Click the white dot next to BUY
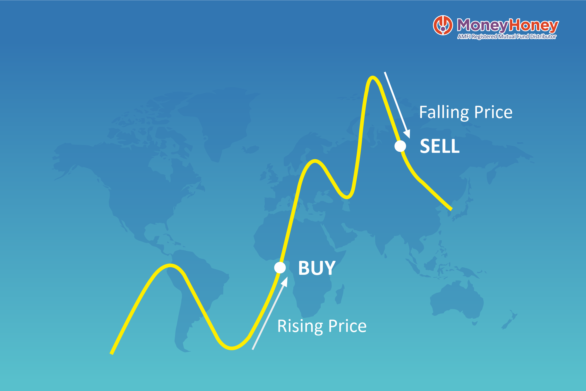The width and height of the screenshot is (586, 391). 280,268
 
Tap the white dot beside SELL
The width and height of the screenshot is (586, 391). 400,146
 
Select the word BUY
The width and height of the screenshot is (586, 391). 317,268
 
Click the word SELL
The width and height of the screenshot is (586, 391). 439,146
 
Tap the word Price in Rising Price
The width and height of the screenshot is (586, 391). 347,326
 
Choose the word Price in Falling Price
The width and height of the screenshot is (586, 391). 493,112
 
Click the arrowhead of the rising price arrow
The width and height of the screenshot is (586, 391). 285,281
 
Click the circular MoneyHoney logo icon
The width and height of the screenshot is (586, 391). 443,25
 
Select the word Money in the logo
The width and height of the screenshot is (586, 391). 482,25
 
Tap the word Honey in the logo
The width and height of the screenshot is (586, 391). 534,25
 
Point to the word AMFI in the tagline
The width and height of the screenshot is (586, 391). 464,37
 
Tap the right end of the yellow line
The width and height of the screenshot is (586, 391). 451,208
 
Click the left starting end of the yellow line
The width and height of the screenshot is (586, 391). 112,353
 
